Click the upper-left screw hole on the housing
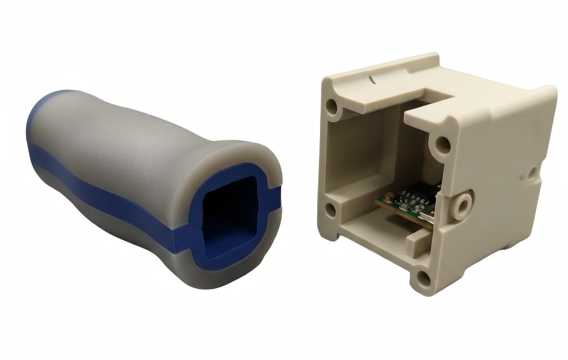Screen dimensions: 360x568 tap(332, 105)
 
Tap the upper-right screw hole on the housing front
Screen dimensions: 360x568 tap(442, 145)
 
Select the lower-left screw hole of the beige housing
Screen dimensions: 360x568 tap(330, 210)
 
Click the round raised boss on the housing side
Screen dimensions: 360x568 tap(460, 203)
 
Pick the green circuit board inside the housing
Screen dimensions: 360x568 tap(408, 205)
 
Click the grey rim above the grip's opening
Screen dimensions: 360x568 tap(239, 153)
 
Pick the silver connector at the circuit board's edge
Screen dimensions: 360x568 tap(429, 216)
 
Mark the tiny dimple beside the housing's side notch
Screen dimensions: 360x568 tap(522, 179)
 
